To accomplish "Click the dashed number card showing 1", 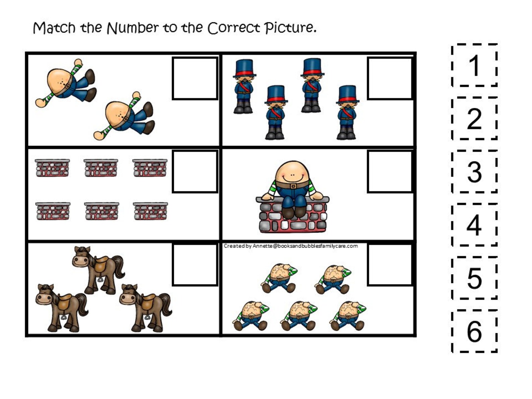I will [474, 65].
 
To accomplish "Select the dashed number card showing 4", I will [474, 225].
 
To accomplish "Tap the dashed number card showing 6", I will [474, 331].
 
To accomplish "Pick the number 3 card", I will [474, 172].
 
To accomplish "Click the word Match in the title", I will [54, 28].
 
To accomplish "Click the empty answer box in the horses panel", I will [195, 265].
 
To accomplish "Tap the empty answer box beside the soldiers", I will [390, 79].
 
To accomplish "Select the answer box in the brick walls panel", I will [195, 172].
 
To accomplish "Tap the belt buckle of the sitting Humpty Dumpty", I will [293, 186].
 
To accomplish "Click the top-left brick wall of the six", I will [52, 168].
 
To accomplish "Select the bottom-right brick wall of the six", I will [150, 211].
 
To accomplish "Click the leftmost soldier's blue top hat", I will [244, 68].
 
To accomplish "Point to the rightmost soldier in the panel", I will [347, 112].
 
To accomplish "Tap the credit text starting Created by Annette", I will [290, 246].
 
